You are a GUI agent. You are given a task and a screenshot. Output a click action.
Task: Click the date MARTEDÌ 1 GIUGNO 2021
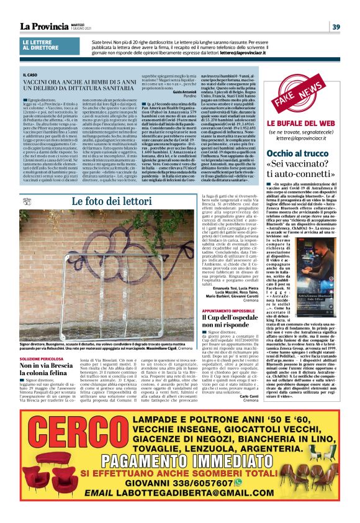tap(78, 27)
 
